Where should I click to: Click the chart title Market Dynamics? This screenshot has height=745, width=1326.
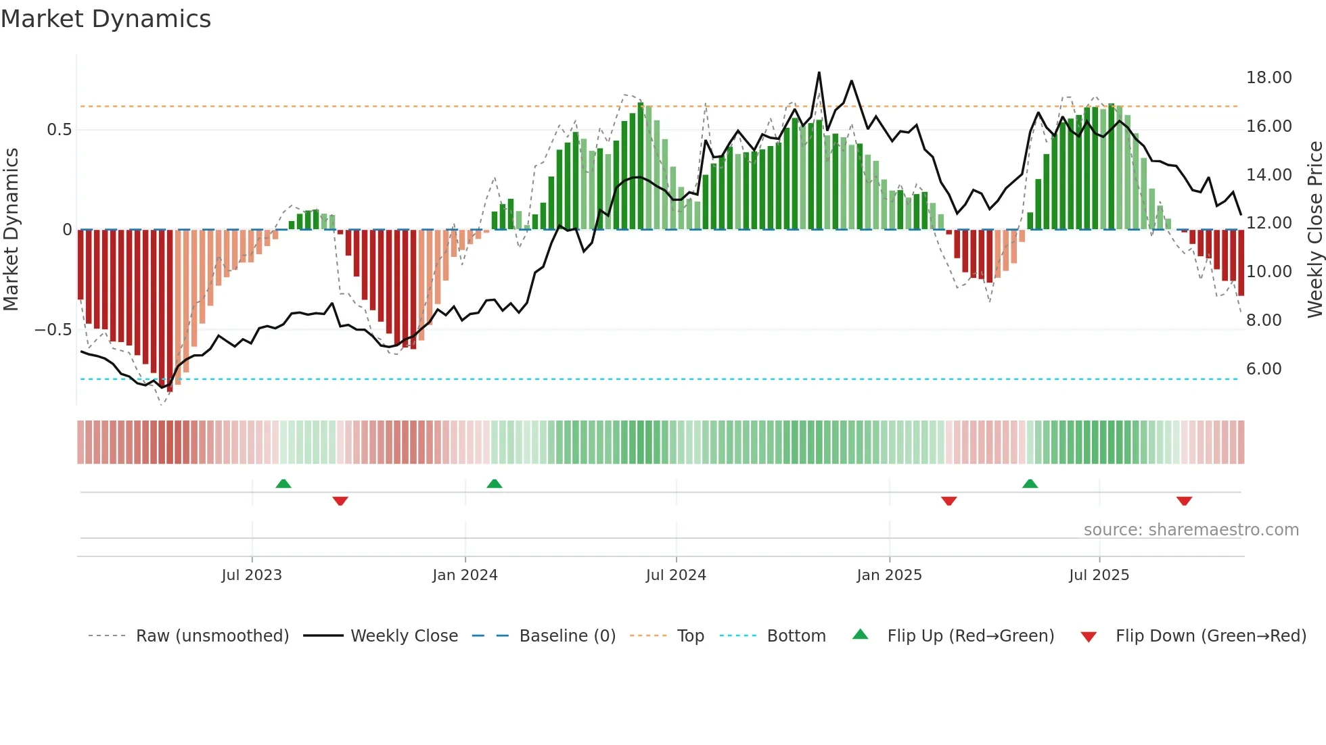click(x=106, y=19)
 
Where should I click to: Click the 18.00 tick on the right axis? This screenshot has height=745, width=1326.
click(x=1268, y=78)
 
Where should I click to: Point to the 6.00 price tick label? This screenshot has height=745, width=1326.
click(x=1263, y=369)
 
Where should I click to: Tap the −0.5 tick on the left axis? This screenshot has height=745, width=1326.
click(x=53, y=330)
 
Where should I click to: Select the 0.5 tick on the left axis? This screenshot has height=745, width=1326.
click(x=59, y=130)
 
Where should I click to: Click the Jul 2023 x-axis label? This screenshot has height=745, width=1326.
click(x=252, y=575)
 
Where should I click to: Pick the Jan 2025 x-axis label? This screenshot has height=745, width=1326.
click(x=889, y=575)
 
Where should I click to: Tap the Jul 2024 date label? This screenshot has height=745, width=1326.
click(x=676, y=575)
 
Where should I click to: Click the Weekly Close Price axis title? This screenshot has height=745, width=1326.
click(x=1314, y=229)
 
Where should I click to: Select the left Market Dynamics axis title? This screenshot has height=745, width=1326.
click(x=11, y=229)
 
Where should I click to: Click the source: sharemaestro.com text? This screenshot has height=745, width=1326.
click(x=1191, y=530)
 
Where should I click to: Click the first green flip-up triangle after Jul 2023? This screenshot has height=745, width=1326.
click(x=283, y=484)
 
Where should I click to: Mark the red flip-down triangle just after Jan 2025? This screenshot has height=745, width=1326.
click(x=948, y=501)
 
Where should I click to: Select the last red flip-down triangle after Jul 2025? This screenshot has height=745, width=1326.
click(x=1184, y=501)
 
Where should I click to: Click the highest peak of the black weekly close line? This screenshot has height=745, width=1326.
click(x=819, y=72)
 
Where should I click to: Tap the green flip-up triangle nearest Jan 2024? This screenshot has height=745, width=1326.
click(x=495, y=484)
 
